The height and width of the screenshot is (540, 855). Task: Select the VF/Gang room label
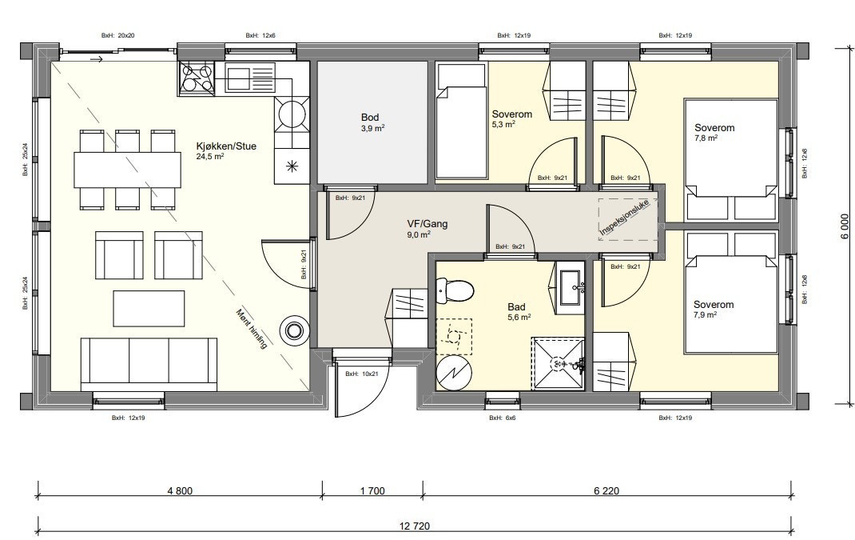[x=427, y=229]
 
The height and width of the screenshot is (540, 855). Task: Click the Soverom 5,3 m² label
[x=511, y=119]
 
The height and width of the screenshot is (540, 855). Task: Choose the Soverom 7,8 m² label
[x=714, y=132]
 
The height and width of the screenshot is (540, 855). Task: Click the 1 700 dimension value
[x=372, y=491]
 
